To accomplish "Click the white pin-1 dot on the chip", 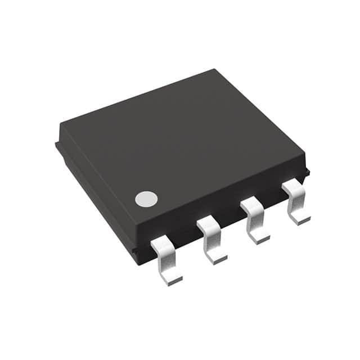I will pyautogui.click(x=146, y=199).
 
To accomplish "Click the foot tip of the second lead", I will pyautogui.click(x=217, y=258).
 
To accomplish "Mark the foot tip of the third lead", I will pyautogui.click(x=260, y=238).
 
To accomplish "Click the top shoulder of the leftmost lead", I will pyautogui.click(x=160, y=242).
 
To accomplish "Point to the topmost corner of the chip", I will pyautogui.click(x=215, y=70).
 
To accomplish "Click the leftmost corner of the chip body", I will pyautogui.click(x=56, y=144).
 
